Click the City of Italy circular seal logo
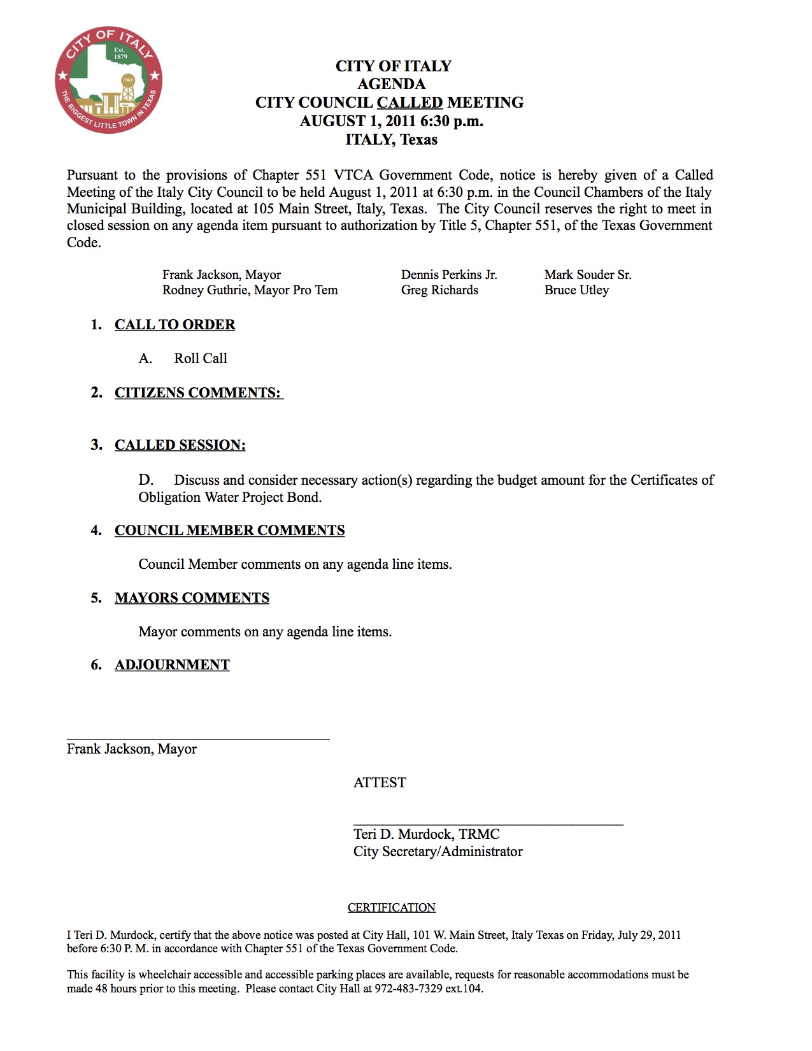point(108,80)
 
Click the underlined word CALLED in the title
point(410,103)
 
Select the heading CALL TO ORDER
point(175,325)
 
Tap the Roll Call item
point(200,359)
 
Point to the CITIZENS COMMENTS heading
point(198,393)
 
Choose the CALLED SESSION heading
point(180,445)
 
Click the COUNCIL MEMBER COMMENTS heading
point(229,531)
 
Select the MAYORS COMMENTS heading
point(192,598)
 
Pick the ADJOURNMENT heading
point(172,665)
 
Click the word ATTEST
point(380,783)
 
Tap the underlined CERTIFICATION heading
point(391,908)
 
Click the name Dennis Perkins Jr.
point(449,275)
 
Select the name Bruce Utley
point(576,290)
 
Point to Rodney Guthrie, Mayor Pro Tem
point(250,290)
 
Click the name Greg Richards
point(439,290)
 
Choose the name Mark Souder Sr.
point(588,275)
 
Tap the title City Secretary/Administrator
point(438,852)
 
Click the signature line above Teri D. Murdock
point(488,825)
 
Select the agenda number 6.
point(96,665)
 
